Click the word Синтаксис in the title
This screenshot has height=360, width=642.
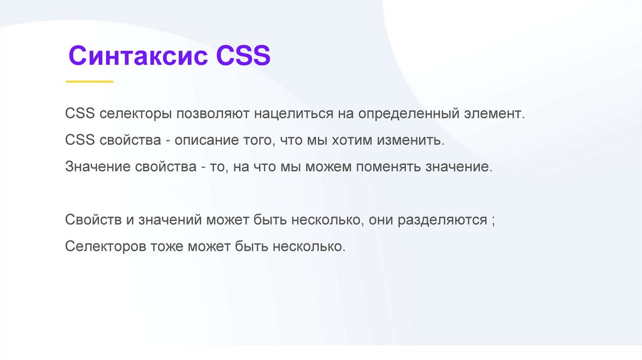(139, 56)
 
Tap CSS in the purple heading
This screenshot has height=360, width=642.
(243, 56)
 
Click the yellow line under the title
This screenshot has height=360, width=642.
(90, 82)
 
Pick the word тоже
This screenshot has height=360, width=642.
(166, 247)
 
